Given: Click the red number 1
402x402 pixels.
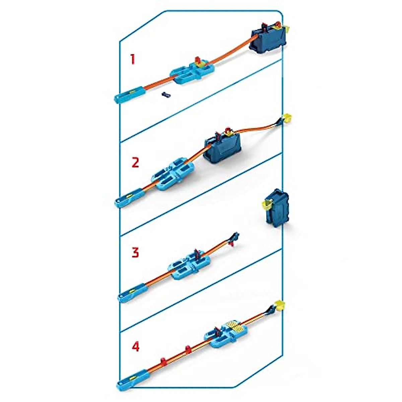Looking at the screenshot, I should [x=133, y=60].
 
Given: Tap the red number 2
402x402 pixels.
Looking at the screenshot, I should [x=135, y=163].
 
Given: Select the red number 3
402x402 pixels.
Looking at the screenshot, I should [x=135, y=253].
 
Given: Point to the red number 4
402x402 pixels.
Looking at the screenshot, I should [x=135, y=346].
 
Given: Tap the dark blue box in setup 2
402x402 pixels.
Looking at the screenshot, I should [x=223, y=149].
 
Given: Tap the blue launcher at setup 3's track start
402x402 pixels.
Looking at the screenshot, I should [x=131, y=293].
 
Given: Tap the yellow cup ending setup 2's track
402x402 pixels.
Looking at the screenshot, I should [x=287, y=118].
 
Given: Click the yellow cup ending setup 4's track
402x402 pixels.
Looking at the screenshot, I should [x=280, y=305].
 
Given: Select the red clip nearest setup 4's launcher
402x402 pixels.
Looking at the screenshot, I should [x=164, y=362].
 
